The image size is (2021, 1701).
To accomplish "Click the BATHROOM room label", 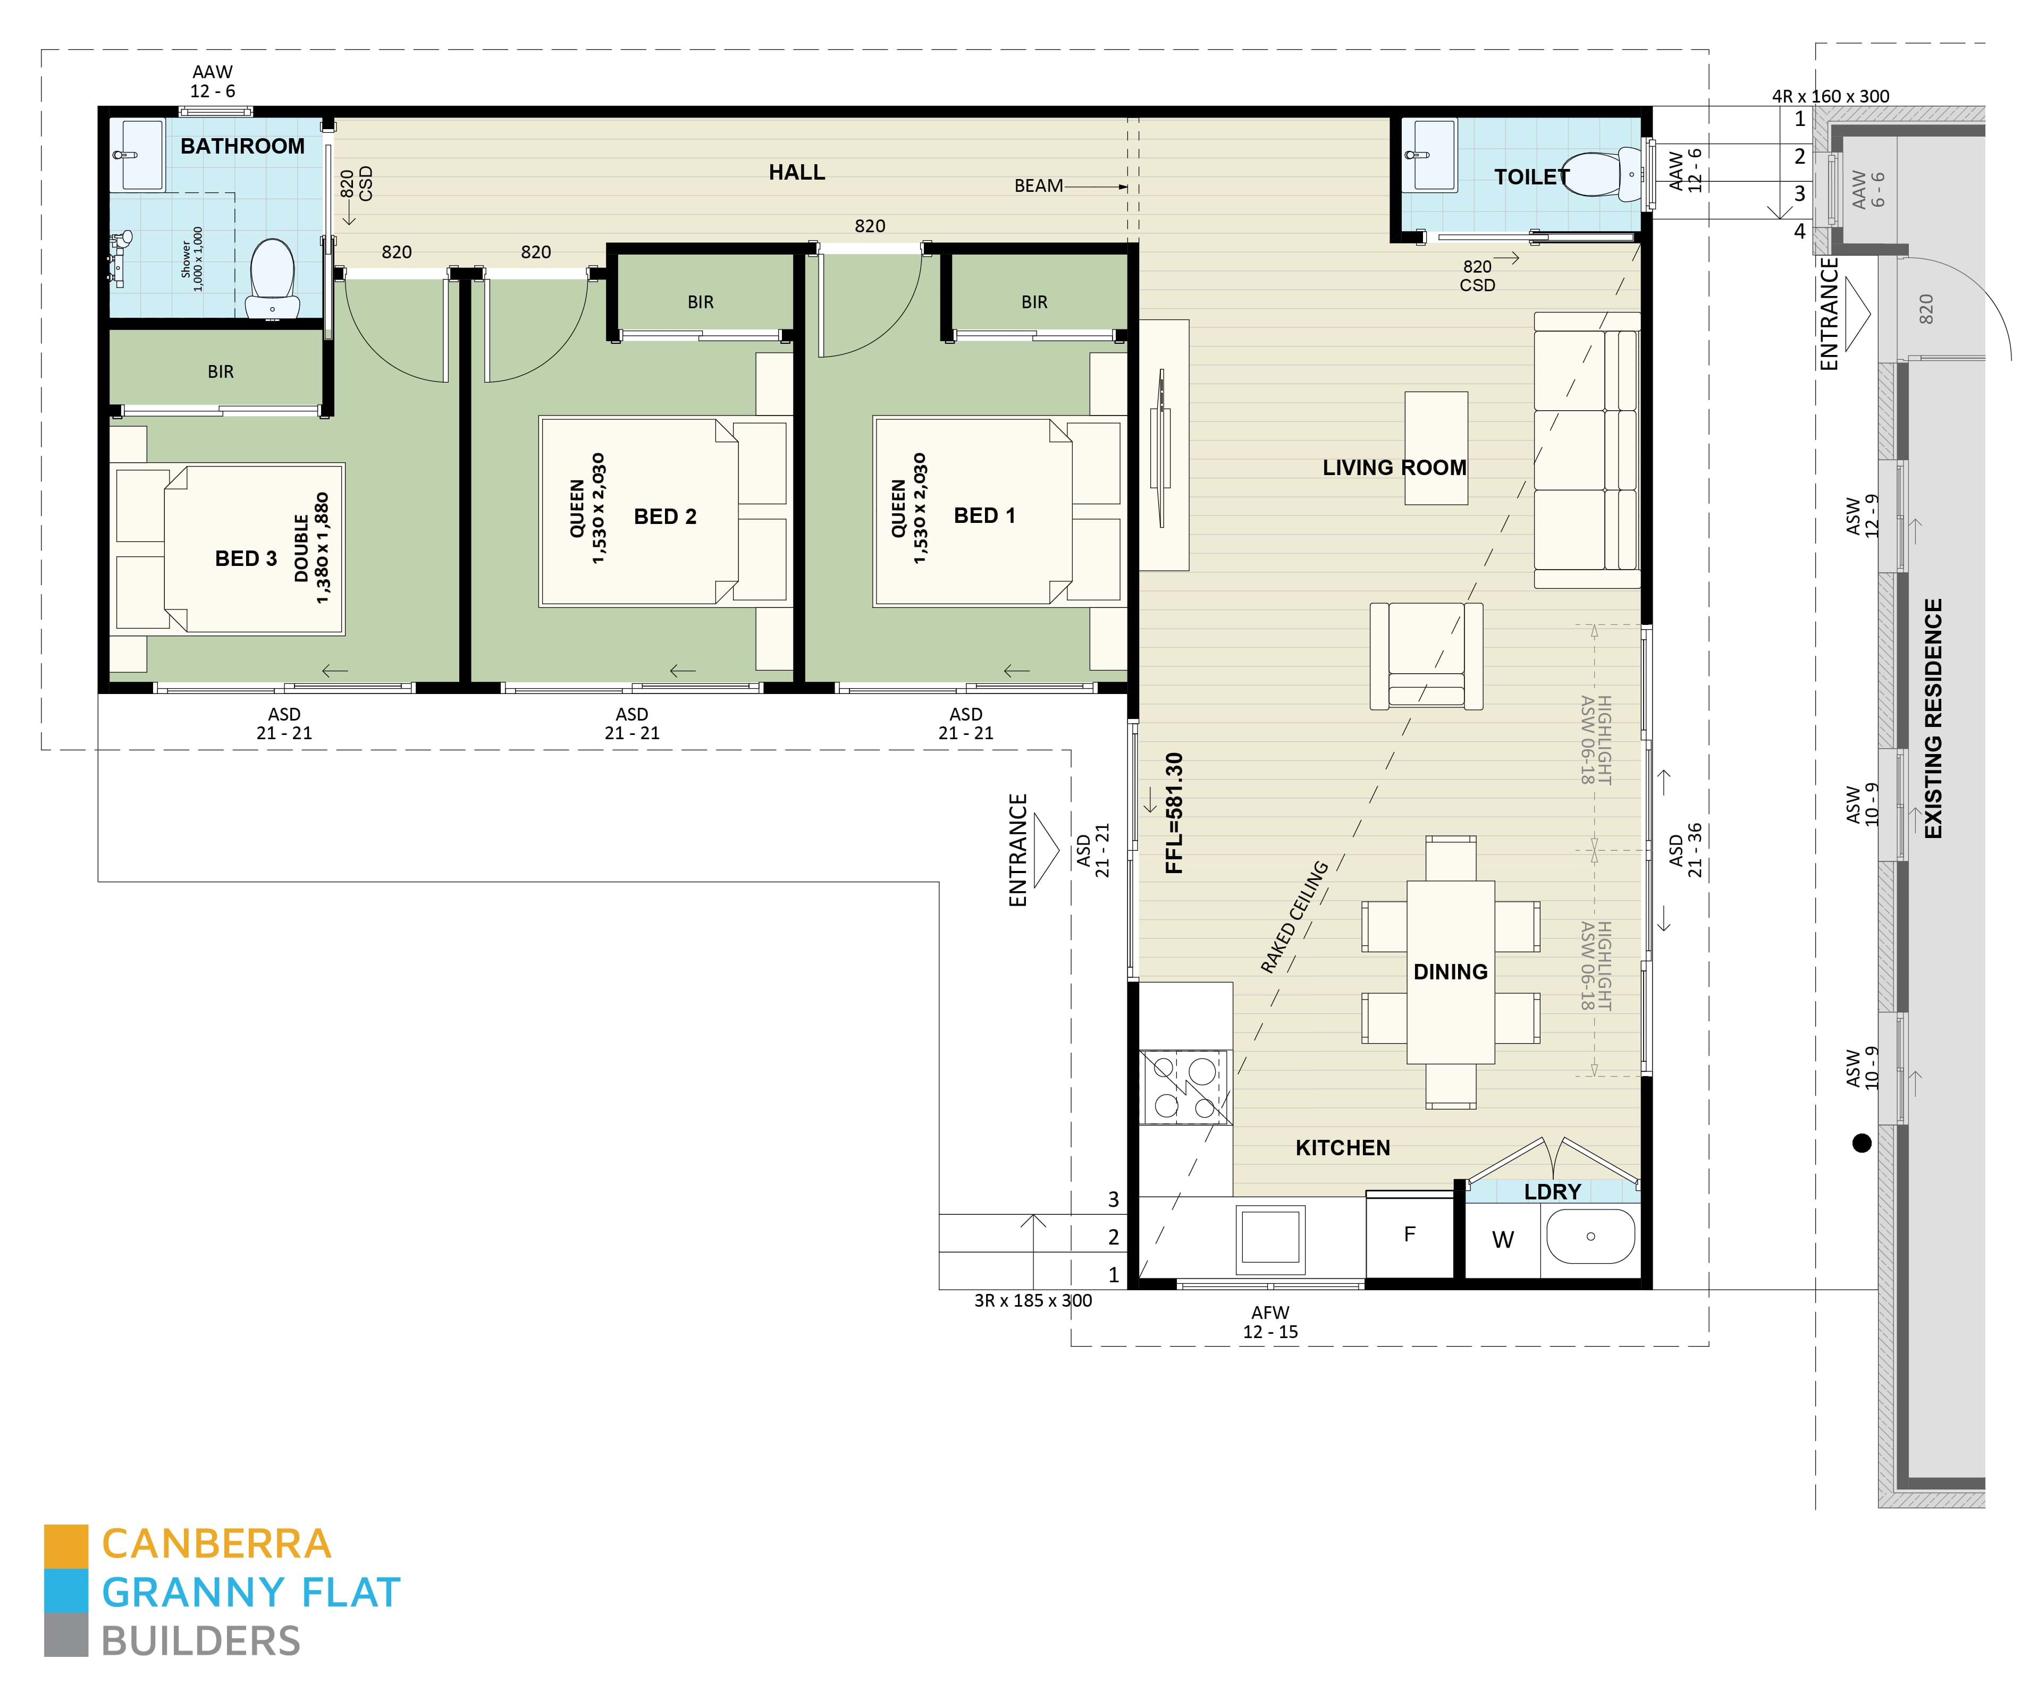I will click(x=242, y=147).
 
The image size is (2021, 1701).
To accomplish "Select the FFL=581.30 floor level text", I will click(x=1174, y=813).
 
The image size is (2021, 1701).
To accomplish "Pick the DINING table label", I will click(x=1450, y=972).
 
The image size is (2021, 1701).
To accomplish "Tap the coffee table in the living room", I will click(x=1435, y=448).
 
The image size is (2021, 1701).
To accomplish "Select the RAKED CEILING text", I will click(x=1294, y=917).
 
